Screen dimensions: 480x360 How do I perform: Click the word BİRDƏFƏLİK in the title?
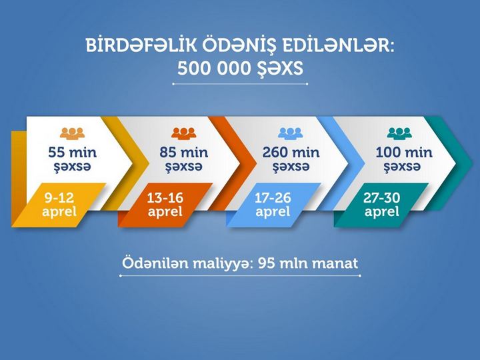click(141, 45)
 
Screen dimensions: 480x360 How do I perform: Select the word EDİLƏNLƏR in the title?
click(337, 45)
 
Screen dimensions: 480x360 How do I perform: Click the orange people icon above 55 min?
click(72, 133)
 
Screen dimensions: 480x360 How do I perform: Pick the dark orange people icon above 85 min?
click(183, 133)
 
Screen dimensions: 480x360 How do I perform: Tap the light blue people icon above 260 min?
click(291, 133)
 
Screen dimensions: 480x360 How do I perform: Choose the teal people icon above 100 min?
click(399, 133)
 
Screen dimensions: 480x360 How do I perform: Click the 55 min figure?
click(73, 153)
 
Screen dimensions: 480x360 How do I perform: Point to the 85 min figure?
click(184, 153)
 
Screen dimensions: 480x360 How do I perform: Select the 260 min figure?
click(291, 153)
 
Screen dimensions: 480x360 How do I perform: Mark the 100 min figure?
click(404, 153)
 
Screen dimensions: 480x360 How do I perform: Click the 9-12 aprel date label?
click(59, 205)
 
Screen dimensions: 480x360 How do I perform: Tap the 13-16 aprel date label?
click(165, 205)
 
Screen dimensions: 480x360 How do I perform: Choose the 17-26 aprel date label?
click(273, 205)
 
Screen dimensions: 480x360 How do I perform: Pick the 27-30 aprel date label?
click(382, 205)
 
